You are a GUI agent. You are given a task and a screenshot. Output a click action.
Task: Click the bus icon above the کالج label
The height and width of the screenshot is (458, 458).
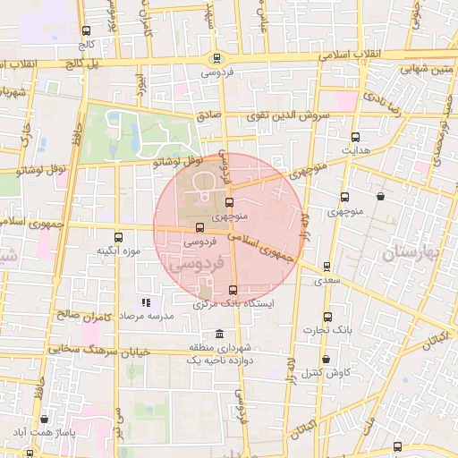point(87,27)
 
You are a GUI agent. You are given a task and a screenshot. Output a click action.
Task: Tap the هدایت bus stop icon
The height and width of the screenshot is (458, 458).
point(356,138)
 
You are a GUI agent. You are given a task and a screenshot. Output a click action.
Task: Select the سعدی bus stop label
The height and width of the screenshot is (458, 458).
point(326,281)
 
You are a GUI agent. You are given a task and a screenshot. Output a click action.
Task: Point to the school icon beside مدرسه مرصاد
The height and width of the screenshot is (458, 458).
point(146,302)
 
